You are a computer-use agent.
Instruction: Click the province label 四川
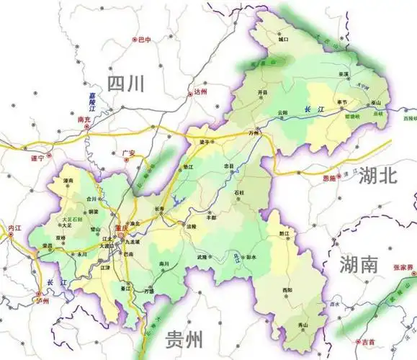[x=126, y=84]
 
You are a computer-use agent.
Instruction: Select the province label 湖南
[x=359, y=264]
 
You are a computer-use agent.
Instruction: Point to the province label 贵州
[x=183, y=338]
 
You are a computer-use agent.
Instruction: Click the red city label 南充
[x=84, y=122]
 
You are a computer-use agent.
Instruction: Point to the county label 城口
[x=283, y=40]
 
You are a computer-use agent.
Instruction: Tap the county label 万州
[x=253, y=133]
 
